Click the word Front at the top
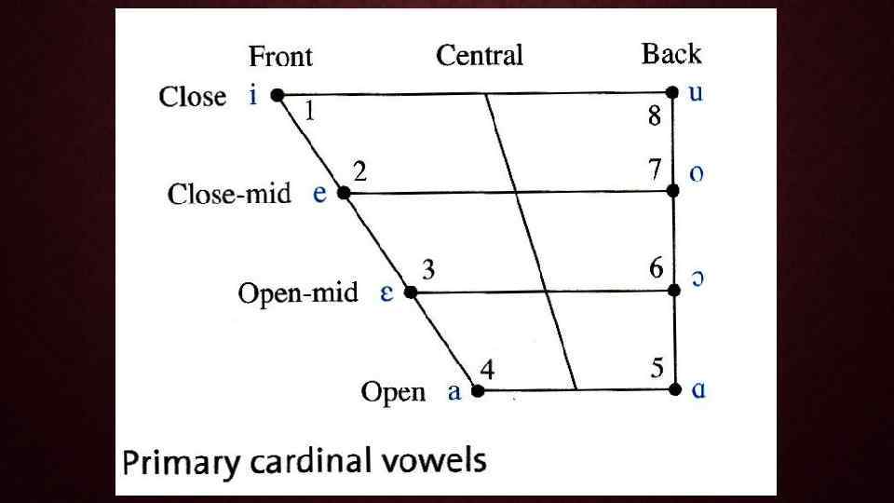pyautogui.click(x=280, y=57)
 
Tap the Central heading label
pyautogui.click(x=480, y=56)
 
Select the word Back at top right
pyautogui.click(x=670, y=54)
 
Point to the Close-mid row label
pyautogui.click(x=229, y=194)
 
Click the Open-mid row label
pyautogui.click(x=298, y=293)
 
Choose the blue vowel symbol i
pyautogui.click(x=253, y=96)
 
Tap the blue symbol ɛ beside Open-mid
pyautogui.click(x=386, y=293)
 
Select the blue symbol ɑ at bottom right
pyautogui.click(x=698, y=389)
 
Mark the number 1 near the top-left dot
pyautogui.click(x=309, y=113)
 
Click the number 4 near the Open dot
pyautogui.click(x=486, y=370)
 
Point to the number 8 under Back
pyautogui.click(x=655, y=117)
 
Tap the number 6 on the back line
pyautogui.click(x=657, y=269)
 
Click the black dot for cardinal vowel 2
pyautogui.click(x=343, y=193)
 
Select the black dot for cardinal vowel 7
pyautogui.click(x=672, y=190)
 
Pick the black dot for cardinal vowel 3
pyautogui.click(x=410, y=292)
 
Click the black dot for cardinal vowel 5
pyautogui.click(x=673, y=388)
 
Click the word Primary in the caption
pyautogui.click(x=180, y=463)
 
